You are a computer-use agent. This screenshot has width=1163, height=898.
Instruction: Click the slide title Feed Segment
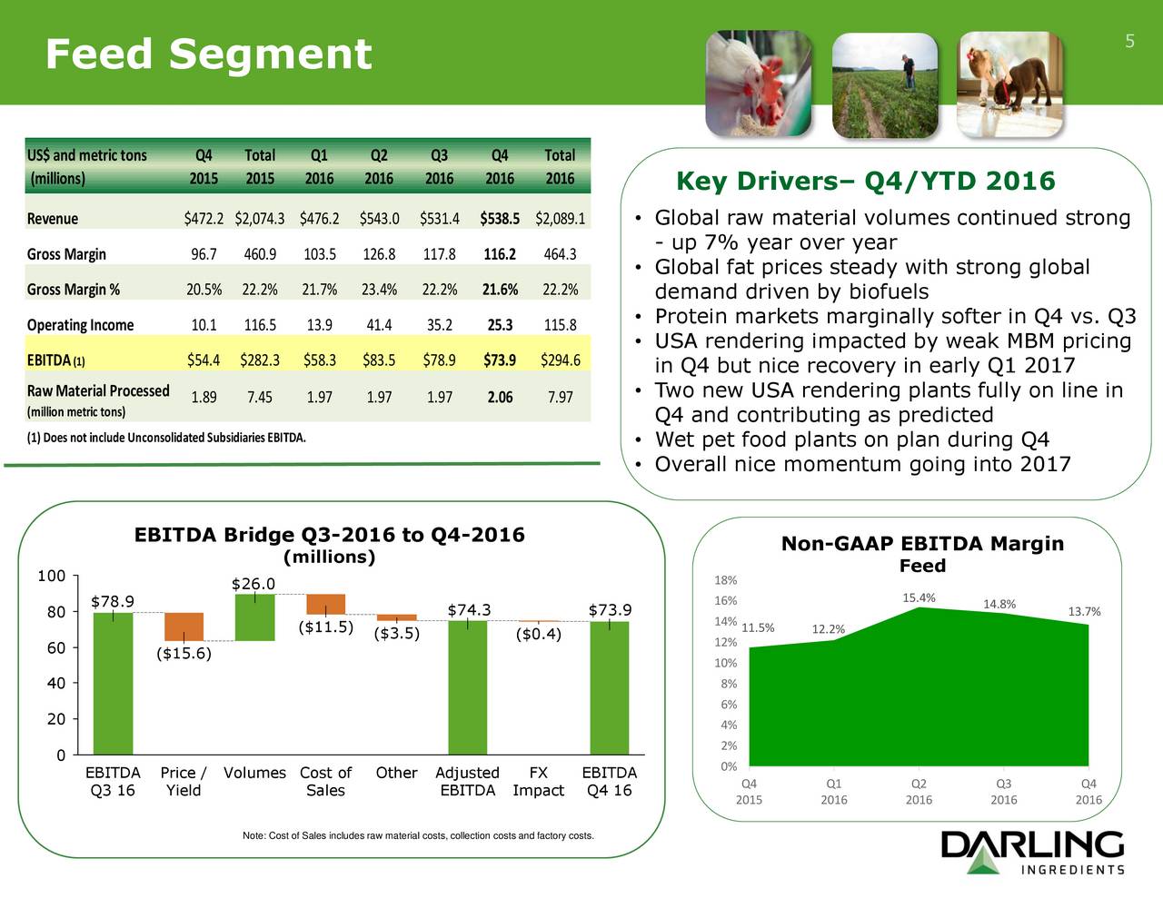pyautogui.click(x=208, y=54)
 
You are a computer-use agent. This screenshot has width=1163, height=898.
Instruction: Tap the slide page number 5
pyautogui.click(x=1129, y=41)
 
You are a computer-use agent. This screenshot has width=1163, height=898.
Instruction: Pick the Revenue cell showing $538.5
pyautogui.click(x=499, y=219)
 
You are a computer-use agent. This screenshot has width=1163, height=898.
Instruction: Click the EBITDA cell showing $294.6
pyautogui.click(x=560, y=360)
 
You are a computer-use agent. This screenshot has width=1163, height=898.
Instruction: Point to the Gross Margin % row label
pyautogui.click(x=73, y=290)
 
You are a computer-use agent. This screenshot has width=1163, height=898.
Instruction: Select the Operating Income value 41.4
pyautogui.click(x=378, y=325)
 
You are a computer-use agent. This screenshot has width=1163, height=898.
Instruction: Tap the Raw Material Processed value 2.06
pyautogui.click(x=499, y=397)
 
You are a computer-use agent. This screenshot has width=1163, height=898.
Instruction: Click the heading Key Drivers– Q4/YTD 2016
pyautogui.click(x=865, y=182)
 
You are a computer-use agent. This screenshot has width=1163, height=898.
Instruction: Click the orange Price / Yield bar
pyautogui.click(x=184, y=627)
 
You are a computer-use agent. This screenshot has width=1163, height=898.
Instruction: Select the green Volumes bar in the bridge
pyautogui.click(x=254, y=617)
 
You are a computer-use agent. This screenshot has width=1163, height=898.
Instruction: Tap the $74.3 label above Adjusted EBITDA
pyautogui.click(x=469, y=610)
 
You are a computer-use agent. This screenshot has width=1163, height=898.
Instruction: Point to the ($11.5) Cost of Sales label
pyautogui.click(x=325, y=627)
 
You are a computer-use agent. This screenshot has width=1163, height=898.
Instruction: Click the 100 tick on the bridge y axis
pyautogui.click(x=51, y=576)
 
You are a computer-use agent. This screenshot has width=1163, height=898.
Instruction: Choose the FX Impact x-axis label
pyautogui.click(x=538, y=781)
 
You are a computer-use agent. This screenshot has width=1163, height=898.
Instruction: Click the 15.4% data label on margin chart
pyautogui.click(x=919, y=597)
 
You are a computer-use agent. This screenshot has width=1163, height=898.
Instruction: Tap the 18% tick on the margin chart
pyautogui.click(x=725, y=580)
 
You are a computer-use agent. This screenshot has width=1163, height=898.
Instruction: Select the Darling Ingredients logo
pyautogui.click(x=1032, y=854)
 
